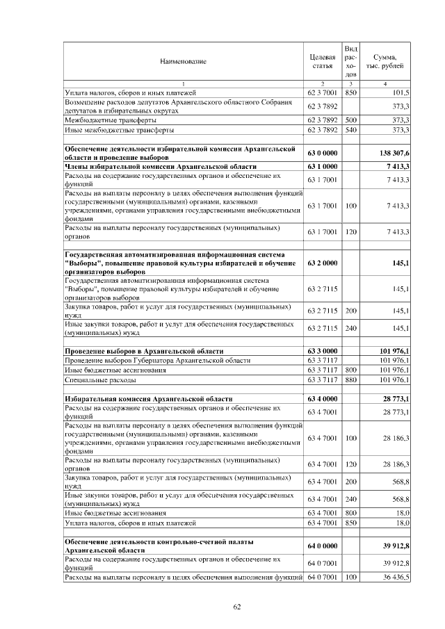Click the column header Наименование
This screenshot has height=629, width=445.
[x=183, y=61]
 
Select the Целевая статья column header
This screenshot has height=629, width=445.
[x=322, y=61]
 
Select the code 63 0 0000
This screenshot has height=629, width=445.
[x=322, y=153]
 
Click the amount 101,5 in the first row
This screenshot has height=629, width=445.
[x=400, y=92]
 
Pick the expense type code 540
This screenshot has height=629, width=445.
[x=351, y=130]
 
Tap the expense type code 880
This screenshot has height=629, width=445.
[x=351, y=380]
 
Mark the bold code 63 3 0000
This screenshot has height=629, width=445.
[x=322, y=351]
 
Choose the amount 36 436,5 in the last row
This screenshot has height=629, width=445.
[x=396, y=577]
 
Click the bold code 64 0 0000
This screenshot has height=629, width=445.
[x=322, y=546]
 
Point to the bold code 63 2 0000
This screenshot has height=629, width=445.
[x=322, y=264]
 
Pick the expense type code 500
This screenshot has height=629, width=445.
[x=351, y=120]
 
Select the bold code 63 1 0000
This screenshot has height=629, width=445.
[x=322, y=167]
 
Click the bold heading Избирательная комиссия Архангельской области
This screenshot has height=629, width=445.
[x=148, y=399]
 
